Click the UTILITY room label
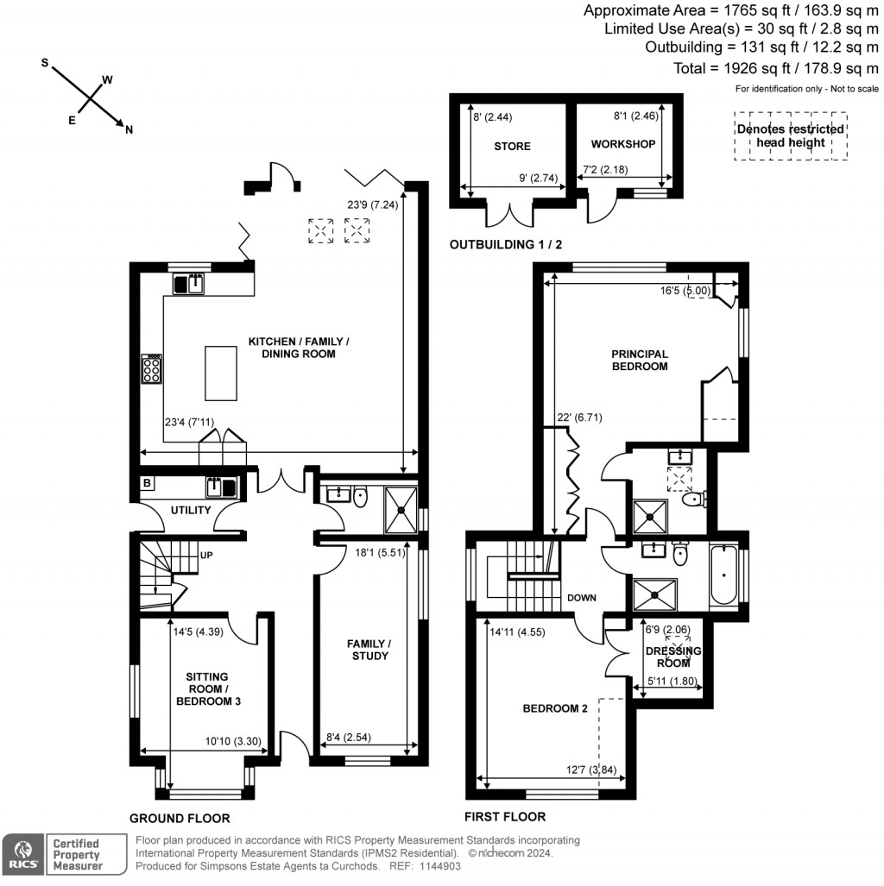(x=191, y=510)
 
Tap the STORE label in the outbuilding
(x=513, y=146)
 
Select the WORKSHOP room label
(x=623, y=144)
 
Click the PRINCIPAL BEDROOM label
(x=640, y=360)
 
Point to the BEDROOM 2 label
(x=555, y=708)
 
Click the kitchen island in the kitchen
(x=220, y=373)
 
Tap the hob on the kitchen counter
(x=152, y=369)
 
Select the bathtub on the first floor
(x=723, y=573)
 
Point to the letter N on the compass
(x=129, y=130)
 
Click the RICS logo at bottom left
(x=22, y=853)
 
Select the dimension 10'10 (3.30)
(x=232, y=741)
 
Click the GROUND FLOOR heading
(x=180, y=818)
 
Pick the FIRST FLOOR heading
(x=504, y=816)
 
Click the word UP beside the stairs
(x=207, y=556)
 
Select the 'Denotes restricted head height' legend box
(x=790, y=135)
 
